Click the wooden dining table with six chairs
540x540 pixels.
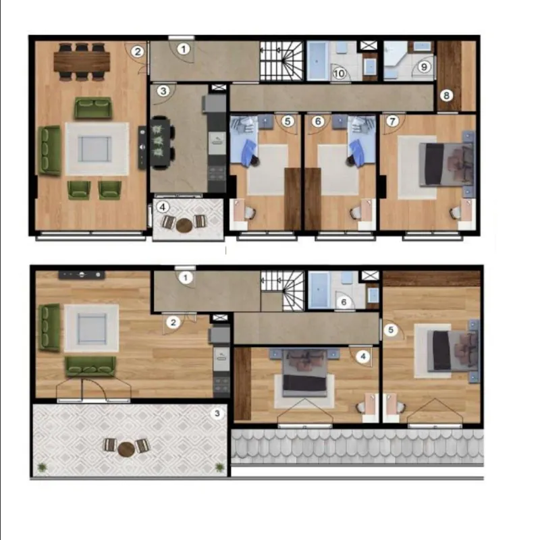(x=82, y=61)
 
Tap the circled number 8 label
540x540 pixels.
(x=446, y=95)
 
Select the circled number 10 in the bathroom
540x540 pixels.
(x=339, y=73)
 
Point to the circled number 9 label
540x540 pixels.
(x=424, y=66)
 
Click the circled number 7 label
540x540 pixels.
(x=392, y=121)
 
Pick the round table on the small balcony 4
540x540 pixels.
(x=184, y=225)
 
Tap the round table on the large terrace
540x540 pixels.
(x=126, y=449)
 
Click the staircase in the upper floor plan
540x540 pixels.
(x=281, y=61)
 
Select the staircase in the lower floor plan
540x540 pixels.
(x=283, y=290)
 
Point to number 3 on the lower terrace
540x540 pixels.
(x=217, y=413)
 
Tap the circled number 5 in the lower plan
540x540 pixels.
(x=391, y=330)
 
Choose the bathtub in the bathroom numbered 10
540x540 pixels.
(x=317, y=61)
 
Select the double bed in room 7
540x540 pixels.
(x=447, y=164)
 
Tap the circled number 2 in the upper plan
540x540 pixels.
(x=138, y=52)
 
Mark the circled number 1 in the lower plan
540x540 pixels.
(x=186, y=277)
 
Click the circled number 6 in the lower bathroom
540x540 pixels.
(x=344, y=302)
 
